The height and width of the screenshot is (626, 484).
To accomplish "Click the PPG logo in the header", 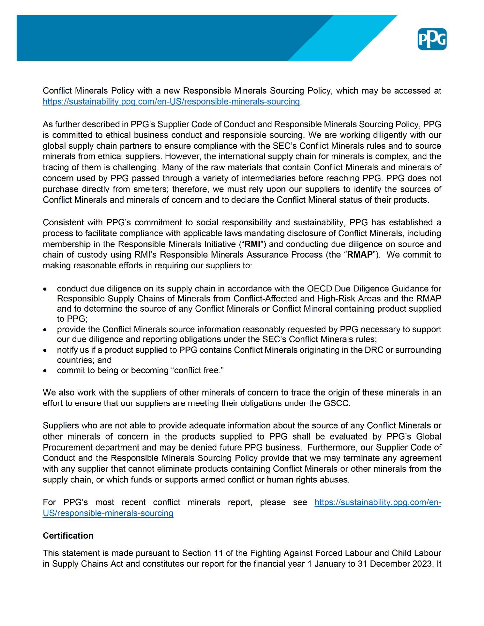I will (x=432, y=39).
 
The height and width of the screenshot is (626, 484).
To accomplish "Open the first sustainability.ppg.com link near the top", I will (x=171, y=101).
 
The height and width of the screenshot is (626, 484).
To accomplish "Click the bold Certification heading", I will (x=68, y=536).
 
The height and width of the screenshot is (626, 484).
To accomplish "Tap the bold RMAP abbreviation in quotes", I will (x=360, y=255).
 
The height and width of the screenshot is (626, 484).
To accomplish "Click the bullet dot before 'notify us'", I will (x=47, y=350).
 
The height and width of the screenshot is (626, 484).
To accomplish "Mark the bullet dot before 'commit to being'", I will (x=47, y=371).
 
